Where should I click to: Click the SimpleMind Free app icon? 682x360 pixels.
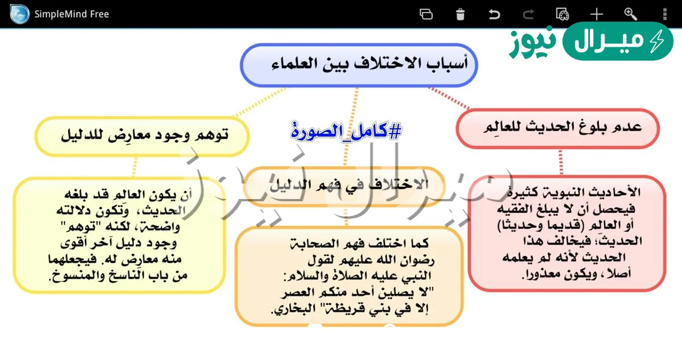tap(19, 14)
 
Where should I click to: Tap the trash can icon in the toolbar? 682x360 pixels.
tap(460, 14)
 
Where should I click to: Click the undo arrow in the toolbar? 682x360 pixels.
tap(494, 14)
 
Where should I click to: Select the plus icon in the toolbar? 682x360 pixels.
tap(596, 14)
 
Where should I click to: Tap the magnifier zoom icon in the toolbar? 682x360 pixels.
tap(630, 14)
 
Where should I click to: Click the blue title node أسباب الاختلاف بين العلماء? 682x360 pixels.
tap(359, 64)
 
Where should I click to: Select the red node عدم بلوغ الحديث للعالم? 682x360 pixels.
tap(558, 128)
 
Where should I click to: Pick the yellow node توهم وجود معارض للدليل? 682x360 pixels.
tap(142, 136)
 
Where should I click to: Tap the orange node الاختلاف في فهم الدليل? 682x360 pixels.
tap(346, 185)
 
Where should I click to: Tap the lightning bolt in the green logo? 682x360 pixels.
tap(658, 42)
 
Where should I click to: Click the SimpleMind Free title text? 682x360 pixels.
tap(72, 14)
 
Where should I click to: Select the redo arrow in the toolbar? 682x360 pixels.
tap(529, 14)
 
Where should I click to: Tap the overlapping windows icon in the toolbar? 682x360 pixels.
tap(426, 14)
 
